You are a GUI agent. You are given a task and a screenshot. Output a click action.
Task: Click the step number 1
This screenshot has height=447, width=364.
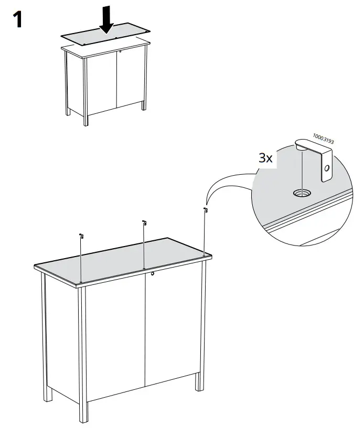(17, 19)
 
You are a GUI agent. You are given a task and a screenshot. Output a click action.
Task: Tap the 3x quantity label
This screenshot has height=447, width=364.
(266, 158)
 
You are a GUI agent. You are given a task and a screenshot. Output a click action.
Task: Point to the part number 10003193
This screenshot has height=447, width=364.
(324, 140)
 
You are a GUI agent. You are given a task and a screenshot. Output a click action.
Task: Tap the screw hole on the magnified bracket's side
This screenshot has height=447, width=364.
(327, 169)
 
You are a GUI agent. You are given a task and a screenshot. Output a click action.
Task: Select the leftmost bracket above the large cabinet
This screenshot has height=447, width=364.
(81, 237)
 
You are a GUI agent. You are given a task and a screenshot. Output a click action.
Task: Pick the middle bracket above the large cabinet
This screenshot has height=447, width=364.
(143, 223)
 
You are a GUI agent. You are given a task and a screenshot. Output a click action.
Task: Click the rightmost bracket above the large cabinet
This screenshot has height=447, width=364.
(205, 211)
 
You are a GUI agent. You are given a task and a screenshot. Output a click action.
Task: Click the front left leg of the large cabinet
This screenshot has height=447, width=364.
(82, 357)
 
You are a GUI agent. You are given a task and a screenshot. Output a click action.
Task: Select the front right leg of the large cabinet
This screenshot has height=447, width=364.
(198, 325)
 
